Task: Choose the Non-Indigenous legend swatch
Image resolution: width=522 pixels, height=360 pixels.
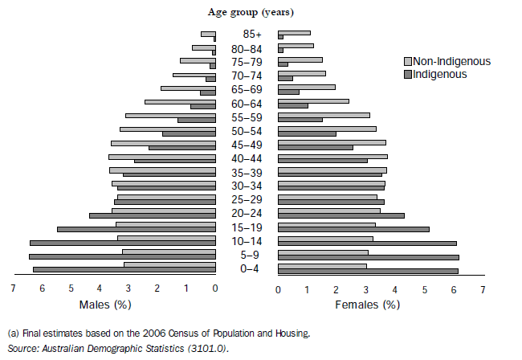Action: [x=407, y=62]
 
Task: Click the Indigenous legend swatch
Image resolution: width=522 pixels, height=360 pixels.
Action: [x=407, y=74]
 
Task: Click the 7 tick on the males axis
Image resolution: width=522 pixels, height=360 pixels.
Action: [x=13, y=289]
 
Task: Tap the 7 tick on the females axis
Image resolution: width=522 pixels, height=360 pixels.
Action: [x=483, y=289]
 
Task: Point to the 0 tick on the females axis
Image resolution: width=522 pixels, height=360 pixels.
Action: [x=278, y=289]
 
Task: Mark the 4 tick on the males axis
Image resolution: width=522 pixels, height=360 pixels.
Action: [x=100, y=289]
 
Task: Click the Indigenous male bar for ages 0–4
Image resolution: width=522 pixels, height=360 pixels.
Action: [x=124, y=270]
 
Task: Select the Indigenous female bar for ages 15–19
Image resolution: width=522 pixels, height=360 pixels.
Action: [x=353, y=229]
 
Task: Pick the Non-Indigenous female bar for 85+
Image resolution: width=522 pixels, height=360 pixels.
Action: [x=294, y=33]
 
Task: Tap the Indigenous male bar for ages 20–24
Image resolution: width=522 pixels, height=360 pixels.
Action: [x=153, y=215]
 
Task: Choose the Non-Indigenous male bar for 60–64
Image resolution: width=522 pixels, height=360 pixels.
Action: [x=180, y=102]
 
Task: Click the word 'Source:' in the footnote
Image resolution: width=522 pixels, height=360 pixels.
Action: [x=22, y=348]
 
